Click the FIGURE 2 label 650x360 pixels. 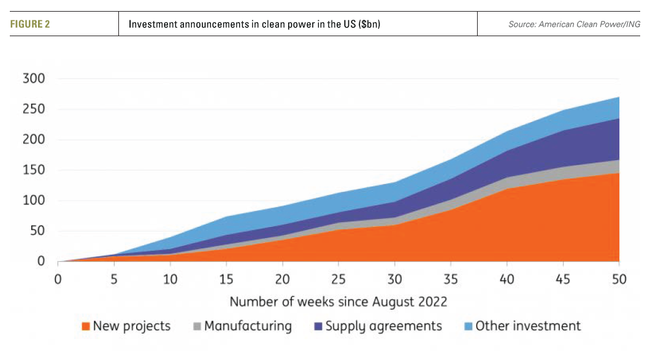(x=29, y=25)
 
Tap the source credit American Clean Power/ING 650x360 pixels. (x=573, y=25)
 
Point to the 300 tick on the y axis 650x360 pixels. (x=34, y=79)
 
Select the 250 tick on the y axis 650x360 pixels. (x=34, y=110)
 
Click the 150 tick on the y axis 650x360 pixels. (x=34, y=170)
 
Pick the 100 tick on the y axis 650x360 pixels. (x=34, y=201)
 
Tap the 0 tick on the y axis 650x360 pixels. (x=40, y=262)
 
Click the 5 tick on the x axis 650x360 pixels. (x=114, y=280)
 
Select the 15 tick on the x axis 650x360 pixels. (x=227, y=280)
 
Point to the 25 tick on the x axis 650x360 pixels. (x=338, y=280)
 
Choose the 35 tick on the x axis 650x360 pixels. (x=451, y=280)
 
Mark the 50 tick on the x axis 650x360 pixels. (x=619, y=280)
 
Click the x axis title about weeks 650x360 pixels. (x=338, y=302)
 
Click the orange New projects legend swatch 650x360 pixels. (x=86, y=326)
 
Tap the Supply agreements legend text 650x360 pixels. (x=383, y=326)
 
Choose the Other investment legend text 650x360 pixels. (x=528, y=326)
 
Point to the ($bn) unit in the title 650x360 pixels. (x=370, y=25)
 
